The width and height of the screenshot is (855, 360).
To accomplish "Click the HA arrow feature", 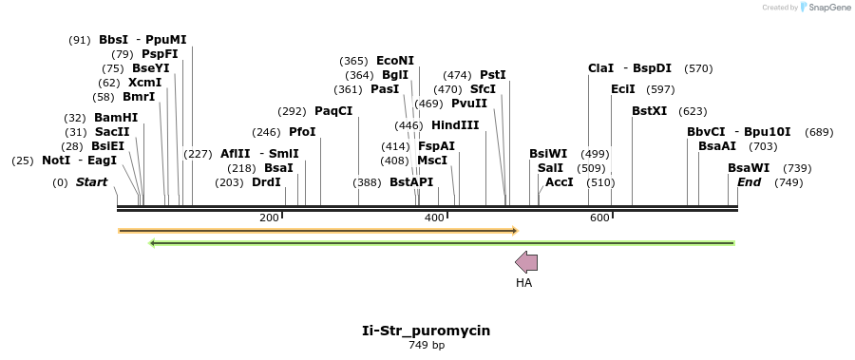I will [x=525, y=262].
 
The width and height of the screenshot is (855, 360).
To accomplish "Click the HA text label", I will [x=524, y=282].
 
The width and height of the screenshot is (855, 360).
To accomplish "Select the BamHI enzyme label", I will [x=116, y=118].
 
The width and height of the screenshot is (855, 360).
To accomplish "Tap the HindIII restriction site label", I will [x=455, y=125].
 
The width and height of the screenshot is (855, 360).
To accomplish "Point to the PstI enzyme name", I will [x=493, y=74].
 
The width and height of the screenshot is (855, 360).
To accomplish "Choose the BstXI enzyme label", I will [x=650, y=111].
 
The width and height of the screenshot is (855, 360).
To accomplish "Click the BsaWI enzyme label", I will [x=749, y=168].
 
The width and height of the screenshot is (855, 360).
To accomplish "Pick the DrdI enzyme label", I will [x=266, y=182].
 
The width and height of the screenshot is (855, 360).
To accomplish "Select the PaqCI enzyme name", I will [x=333, y=111].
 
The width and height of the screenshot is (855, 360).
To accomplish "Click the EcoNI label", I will [x=395, y=61].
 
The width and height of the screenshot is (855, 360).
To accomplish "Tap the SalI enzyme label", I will [x=550, y=168].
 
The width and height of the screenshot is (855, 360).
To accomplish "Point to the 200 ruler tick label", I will [x=269, y=218].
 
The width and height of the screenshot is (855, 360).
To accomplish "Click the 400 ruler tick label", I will [x=434, y=218].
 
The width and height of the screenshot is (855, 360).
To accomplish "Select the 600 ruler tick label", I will [x=599, y=218].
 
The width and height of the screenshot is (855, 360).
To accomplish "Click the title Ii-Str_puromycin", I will [x=427, y=331].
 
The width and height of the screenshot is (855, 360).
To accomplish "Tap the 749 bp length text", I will [x=427, y=345].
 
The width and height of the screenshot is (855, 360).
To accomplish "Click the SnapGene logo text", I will [x=827, y=8].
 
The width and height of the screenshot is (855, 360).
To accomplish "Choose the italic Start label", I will [x=91, y=182].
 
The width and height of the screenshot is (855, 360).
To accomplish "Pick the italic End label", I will [x=749, y=182].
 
